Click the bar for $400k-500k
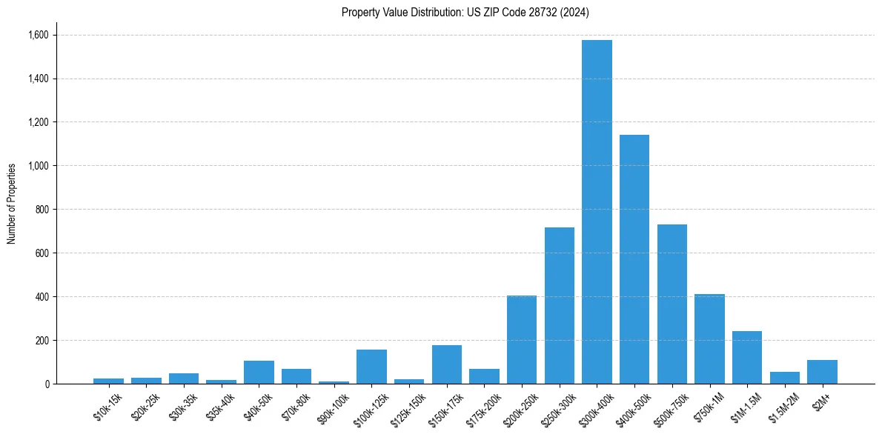tap(634, 259)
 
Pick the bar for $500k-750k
tap(672, 304)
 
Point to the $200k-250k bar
tap(522, 340)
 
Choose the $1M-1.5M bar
tap(747, 358)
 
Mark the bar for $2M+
tap(822, 372)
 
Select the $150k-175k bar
tap(447, 364)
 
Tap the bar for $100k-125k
tap(371, 367)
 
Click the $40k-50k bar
tap(259, 373)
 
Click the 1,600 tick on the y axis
tap(38, 35)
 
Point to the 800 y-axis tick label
tap(41, 210)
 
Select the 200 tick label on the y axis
tap(41, 341)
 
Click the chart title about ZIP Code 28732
tap(465, 12)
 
